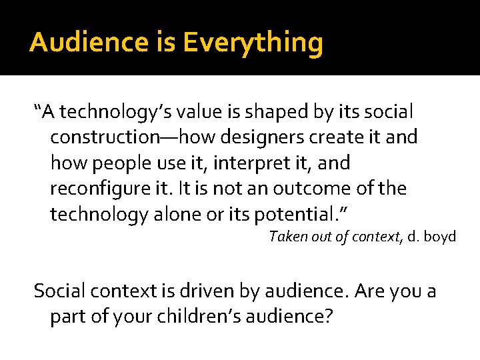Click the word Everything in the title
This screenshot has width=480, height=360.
pyautogui.click(x=253, y=43)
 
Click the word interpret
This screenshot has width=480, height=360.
pyautogui.click(x=243, y=163)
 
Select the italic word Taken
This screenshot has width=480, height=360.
pyautogui.click(x=286, y=237)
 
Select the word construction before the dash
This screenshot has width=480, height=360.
pyautogui.click(x=103, y=137)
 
